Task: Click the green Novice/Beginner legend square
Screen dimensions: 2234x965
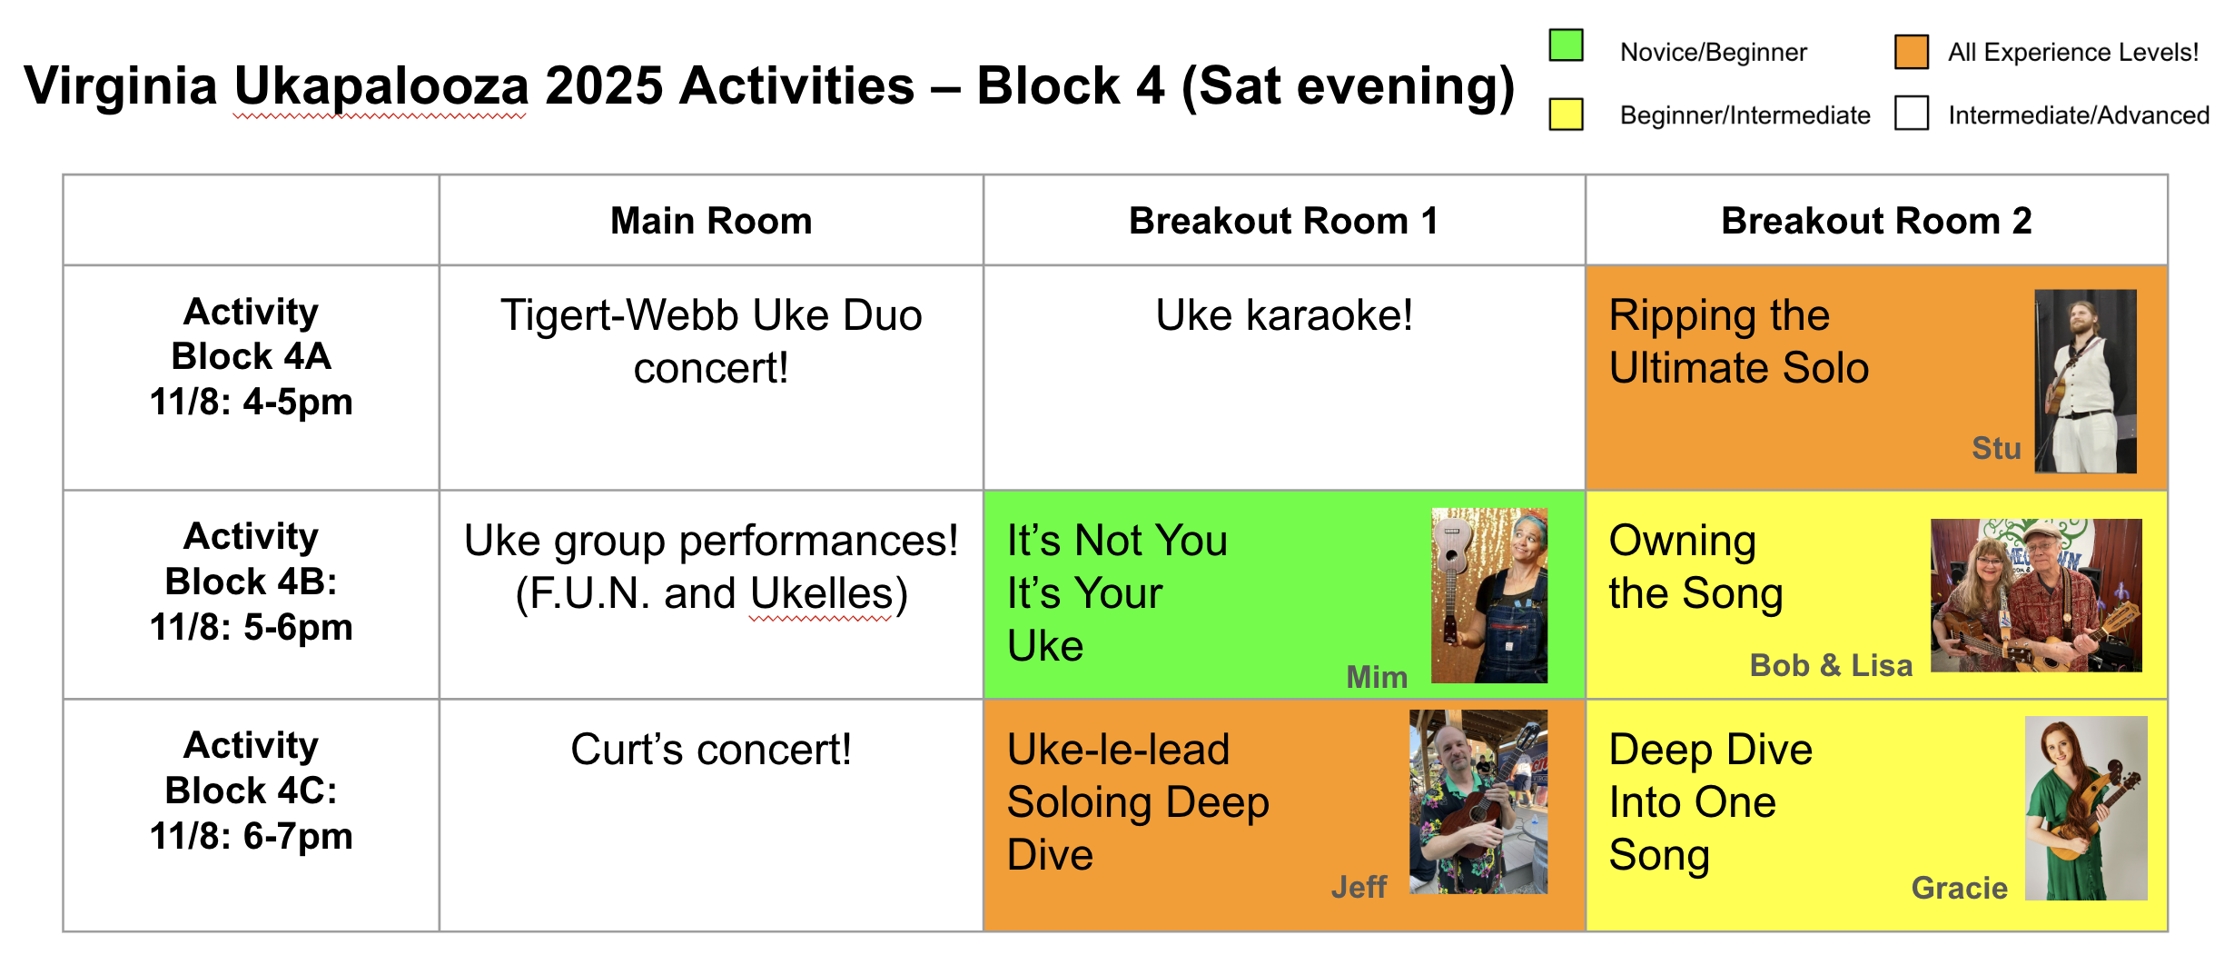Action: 1566,45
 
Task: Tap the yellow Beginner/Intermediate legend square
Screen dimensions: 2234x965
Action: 1566,114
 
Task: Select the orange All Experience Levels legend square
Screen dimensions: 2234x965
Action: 1912,51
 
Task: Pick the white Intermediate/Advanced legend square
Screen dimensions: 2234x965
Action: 1912,113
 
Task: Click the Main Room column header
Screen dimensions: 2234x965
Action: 711,221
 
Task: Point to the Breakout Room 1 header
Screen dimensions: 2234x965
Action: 1284,221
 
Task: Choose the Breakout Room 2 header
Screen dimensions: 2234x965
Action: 1876,221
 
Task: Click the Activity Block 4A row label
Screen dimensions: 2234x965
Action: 251,356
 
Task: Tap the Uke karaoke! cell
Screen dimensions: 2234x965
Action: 1284,315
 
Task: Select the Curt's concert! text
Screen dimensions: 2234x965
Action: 711,750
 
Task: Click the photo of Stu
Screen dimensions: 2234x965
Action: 2085,381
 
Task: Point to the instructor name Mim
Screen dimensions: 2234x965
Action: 1377,677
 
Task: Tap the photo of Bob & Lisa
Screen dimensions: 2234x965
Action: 2036,595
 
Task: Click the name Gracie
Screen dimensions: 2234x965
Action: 1959,888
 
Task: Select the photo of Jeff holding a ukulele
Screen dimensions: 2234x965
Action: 1478,801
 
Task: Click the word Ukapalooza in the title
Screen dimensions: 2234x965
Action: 381,86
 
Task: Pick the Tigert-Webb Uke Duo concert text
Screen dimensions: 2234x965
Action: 711,342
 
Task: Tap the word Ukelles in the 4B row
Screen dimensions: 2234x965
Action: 822,593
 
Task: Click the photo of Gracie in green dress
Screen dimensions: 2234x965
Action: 2086,808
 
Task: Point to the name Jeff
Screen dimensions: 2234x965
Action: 1359,887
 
